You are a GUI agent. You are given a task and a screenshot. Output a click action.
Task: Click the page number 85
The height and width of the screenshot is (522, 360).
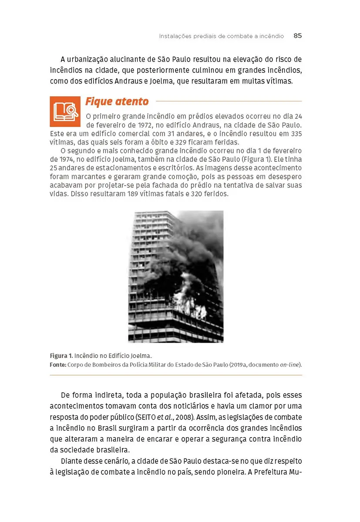(297, 36)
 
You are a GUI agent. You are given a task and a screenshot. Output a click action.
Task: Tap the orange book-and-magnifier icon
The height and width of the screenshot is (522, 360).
(65, 111)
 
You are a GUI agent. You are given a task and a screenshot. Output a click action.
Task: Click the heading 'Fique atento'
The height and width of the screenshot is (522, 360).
(117, 102)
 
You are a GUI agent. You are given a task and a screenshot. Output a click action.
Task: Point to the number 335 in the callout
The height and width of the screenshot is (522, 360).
(296, 134)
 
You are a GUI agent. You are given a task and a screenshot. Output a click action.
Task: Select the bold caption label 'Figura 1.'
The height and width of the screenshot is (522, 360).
(61, 355)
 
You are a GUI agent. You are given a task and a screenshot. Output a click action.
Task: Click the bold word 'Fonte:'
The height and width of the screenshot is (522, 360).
(58, 365)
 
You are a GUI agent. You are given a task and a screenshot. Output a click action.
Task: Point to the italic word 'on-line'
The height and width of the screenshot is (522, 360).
(290, 365)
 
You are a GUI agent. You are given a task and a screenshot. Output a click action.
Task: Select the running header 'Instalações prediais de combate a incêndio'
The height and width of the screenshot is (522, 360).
(221, 36)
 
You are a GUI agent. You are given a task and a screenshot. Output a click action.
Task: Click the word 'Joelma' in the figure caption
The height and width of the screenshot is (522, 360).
(142, 355)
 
